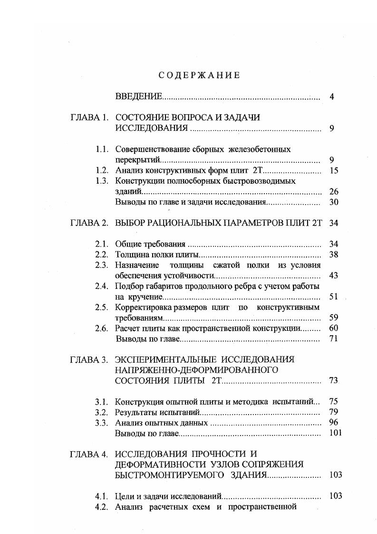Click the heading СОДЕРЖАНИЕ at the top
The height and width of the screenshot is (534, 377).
(x=199, y=75)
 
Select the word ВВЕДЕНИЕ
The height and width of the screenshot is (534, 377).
(x=139, y=97)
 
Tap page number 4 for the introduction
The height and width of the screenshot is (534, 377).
(x=332, y=97)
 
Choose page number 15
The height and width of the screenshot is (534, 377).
(x=333, y=170)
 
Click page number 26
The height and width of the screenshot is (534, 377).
(x=333, y=192)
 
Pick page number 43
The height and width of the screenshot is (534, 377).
(x=333, y=276)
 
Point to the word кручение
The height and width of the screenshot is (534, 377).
(x=142, y=297)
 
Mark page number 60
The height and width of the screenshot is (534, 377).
(x=333, y=328)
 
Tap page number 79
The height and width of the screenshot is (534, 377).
(x=333, y=412)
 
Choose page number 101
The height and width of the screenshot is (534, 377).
(x=335, y=433)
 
